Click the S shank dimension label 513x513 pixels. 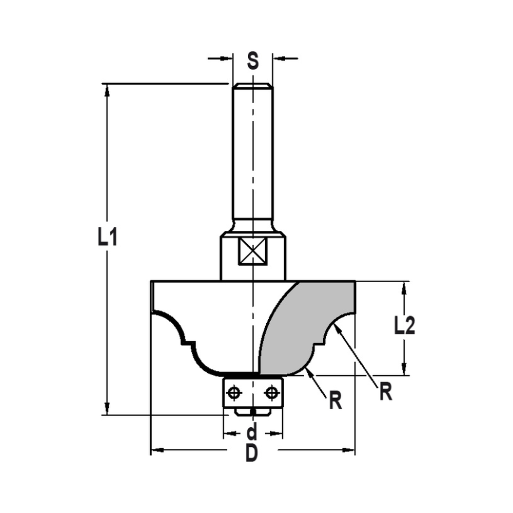pyautogui.click(x=252, y=61)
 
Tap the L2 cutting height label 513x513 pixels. pyautogui.click(x=405, y=326)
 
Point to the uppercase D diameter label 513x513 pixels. pyautogui.click(x=251, y=453)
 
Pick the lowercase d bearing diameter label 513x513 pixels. pyautogui.click(x=252, y=432)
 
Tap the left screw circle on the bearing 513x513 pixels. pyautogui.click(x=234, y=393)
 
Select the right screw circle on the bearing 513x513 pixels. pyautogui.click(x=271, y=393)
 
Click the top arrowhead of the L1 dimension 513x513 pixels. pyautogui.click(x=107, y=89)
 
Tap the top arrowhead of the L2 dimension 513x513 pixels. pyautogui.click(x=405, y=287)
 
